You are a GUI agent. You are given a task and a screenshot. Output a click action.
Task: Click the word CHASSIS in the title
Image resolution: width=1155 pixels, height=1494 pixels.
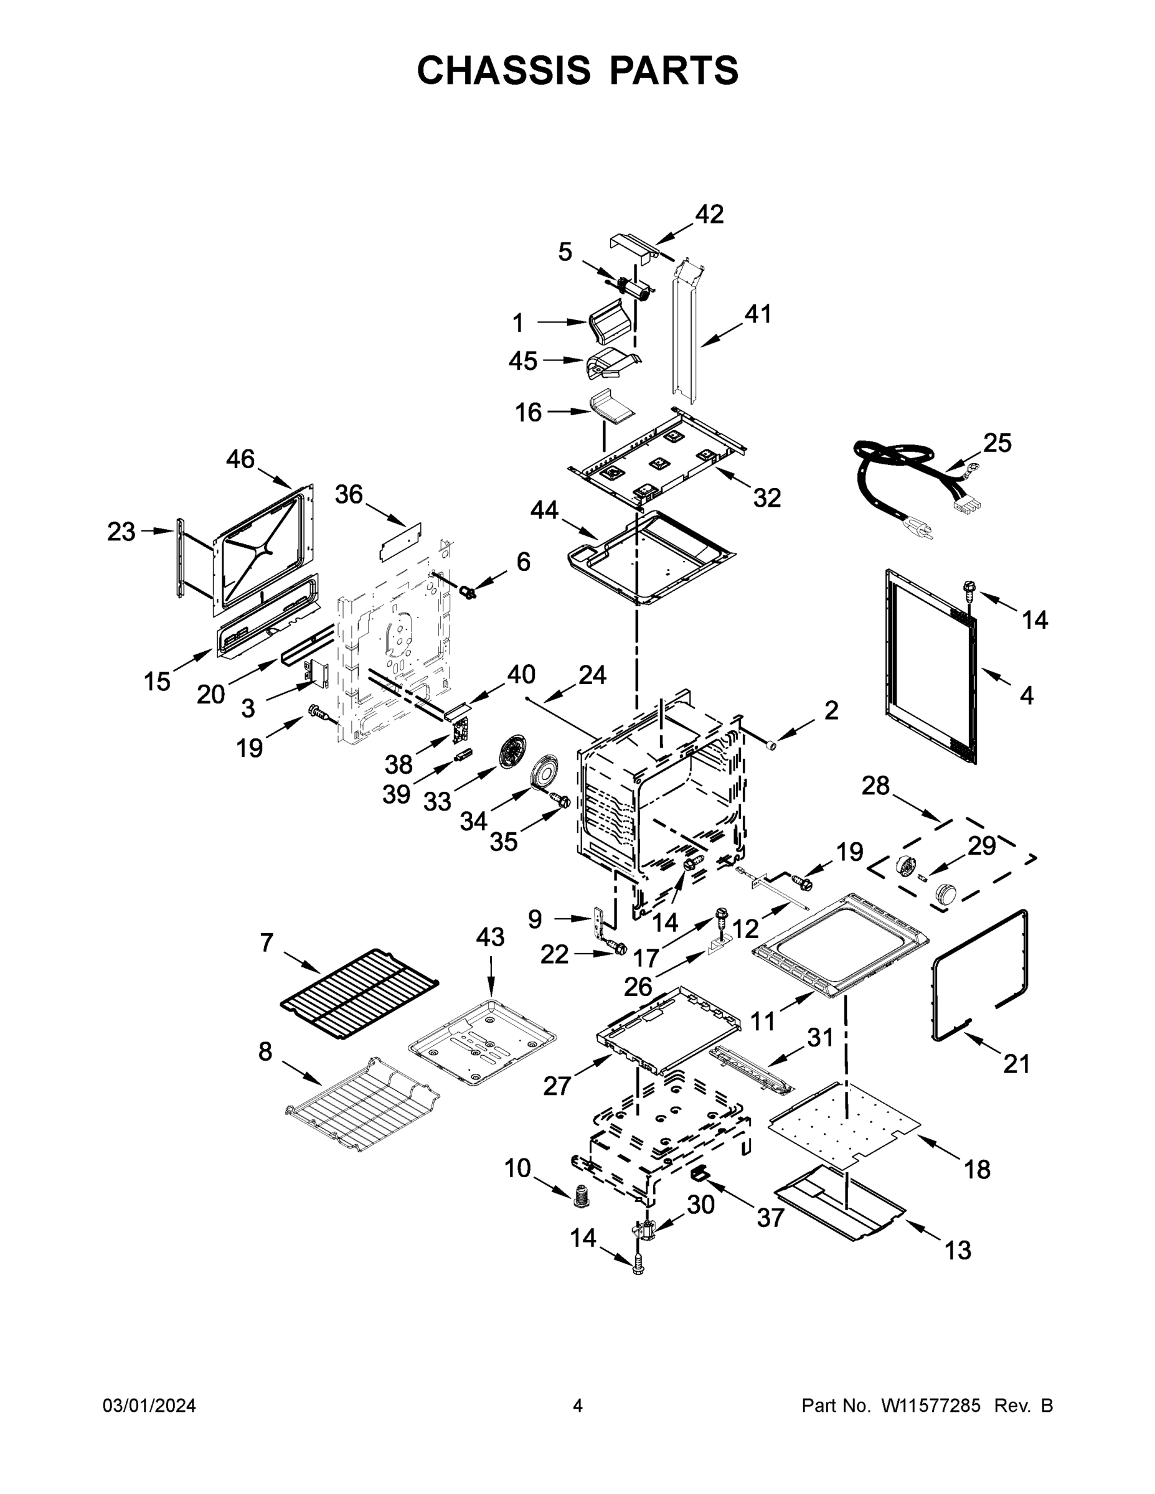(x=504, y=70)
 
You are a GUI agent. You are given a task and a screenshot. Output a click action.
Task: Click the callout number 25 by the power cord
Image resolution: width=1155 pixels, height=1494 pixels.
(x=997, y=443)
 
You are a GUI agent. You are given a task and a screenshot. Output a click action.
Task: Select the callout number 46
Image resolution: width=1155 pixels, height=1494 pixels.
(x=240, y=459)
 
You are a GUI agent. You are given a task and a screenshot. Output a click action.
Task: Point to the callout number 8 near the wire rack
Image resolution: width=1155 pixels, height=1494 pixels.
(x=265, y=1051)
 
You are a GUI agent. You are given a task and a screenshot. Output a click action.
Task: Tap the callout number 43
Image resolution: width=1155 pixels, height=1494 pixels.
(x=491, y=937)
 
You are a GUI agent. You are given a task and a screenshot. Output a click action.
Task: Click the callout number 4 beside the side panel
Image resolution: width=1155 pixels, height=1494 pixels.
(x=1026, y=696)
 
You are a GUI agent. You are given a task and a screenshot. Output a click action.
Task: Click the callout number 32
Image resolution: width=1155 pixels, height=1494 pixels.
(x=767, y=498)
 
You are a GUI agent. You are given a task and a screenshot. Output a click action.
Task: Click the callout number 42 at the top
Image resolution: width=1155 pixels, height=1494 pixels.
(x=710, y=214)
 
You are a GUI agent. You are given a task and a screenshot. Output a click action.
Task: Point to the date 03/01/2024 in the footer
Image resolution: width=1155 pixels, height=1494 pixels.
(x=149, y=1406)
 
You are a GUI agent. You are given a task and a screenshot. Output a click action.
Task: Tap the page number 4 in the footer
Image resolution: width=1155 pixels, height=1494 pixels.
(x=578, y=1406)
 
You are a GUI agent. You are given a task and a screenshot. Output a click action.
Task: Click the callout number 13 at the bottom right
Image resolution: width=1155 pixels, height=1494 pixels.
(x=958, y=1250)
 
